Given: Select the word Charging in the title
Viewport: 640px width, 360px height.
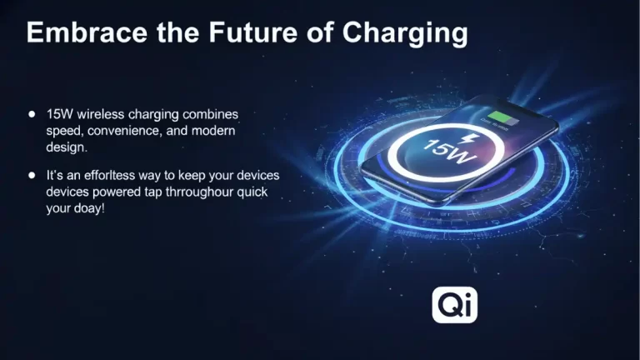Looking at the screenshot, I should (x=404, y=32).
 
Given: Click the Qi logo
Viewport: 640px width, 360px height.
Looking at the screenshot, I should (x=454, y=306).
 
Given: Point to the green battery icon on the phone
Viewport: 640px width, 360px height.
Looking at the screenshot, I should (x=502, y=117).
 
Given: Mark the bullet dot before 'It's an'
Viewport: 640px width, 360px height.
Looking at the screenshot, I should (x=32, y=176).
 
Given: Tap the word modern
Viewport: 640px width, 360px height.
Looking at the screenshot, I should (x=216, y=129).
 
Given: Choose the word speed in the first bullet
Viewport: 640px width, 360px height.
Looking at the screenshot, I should (x=64, y=129).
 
